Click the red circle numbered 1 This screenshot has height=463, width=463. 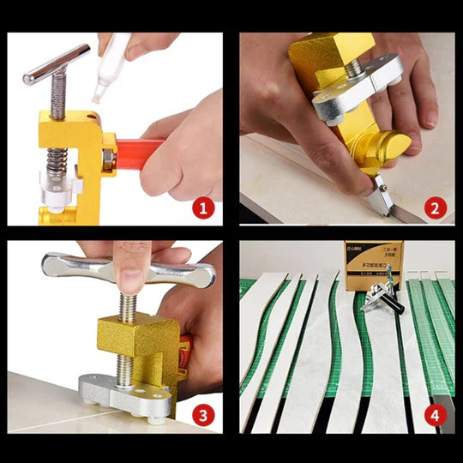click(x=203, y=207)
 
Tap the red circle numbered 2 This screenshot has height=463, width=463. click(x=435, y=207)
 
